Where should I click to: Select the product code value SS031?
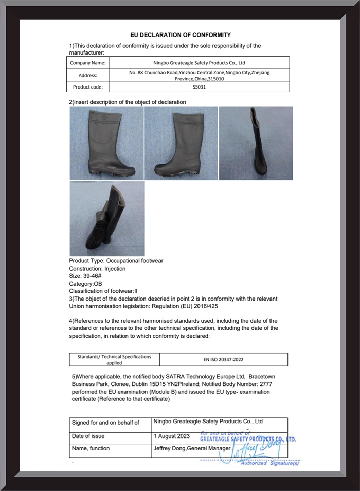point(199,87)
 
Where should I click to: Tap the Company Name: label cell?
point(88,63)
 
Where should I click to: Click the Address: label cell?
point(88,75)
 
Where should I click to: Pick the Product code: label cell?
point(88,87)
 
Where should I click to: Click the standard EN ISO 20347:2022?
point(223,360)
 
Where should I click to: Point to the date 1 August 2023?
point(171,436)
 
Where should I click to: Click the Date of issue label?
point(88,436)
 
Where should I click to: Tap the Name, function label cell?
point(91,448)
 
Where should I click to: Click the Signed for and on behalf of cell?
point(105,423)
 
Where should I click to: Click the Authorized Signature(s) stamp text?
point(269,463)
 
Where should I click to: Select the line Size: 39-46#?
point(85,276)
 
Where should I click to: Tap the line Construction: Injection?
point(97,269)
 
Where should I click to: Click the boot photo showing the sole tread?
point(107,219)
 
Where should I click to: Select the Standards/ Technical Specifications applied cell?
point(114,359)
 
